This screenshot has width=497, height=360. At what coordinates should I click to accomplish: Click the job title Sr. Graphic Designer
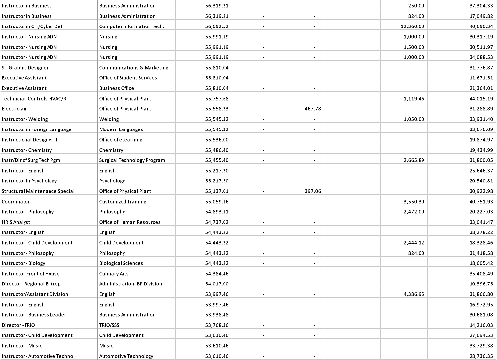[25, 68]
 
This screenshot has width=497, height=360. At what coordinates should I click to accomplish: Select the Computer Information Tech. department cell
[131, 26]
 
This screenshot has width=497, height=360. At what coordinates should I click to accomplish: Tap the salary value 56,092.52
[217, 26]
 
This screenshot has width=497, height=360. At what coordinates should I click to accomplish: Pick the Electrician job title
[14, 109]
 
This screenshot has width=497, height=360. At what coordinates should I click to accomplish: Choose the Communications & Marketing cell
[133, 68]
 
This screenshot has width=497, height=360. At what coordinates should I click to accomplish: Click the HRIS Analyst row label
[16, 222]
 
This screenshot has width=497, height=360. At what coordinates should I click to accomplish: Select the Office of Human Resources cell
[130, 222]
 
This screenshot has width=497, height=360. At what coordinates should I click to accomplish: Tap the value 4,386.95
[414, 294]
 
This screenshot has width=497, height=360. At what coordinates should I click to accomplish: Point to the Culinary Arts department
[114, 274]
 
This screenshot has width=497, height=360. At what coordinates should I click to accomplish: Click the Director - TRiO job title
[19, 325]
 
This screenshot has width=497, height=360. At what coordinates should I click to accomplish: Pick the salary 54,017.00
[217, 284]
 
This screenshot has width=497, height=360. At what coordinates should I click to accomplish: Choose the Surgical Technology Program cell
[132, 160]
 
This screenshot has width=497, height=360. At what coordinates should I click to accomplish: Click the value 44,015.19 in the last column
[481, 99]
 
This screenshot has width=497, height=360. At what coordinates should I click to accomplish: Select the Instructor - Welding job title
[25, 119]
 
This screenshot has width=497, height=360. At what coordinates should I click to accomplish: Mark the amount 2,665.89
[414, 160]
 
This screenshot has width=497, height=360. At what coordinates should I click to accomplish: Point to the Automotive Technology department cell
[126, 356]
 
